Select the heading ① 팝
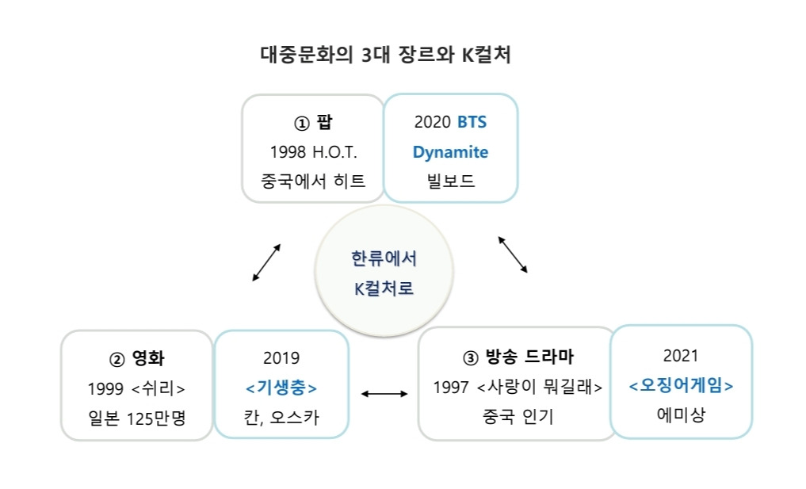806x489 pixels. point(313,123)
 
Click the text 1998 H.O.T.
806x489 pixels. point(313,152)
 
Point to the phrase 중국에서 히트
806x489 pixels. point(313,181)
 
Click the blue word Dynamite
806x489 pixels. point(450,152)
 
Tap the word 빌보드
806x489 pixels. point(450,181)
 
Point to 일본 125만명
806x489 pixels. point(136,417)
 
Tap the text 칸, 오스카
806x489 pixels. point(281,417)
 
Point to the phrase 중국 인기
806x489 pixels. point(518,416)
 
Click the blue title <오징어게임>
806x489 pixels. point(681,386)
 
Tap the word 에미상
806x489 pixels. point(681,415)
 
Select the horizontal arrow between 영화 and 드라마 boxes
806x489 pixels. point(384,393)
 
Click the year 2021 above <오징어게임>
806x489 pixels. point(681,357)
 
